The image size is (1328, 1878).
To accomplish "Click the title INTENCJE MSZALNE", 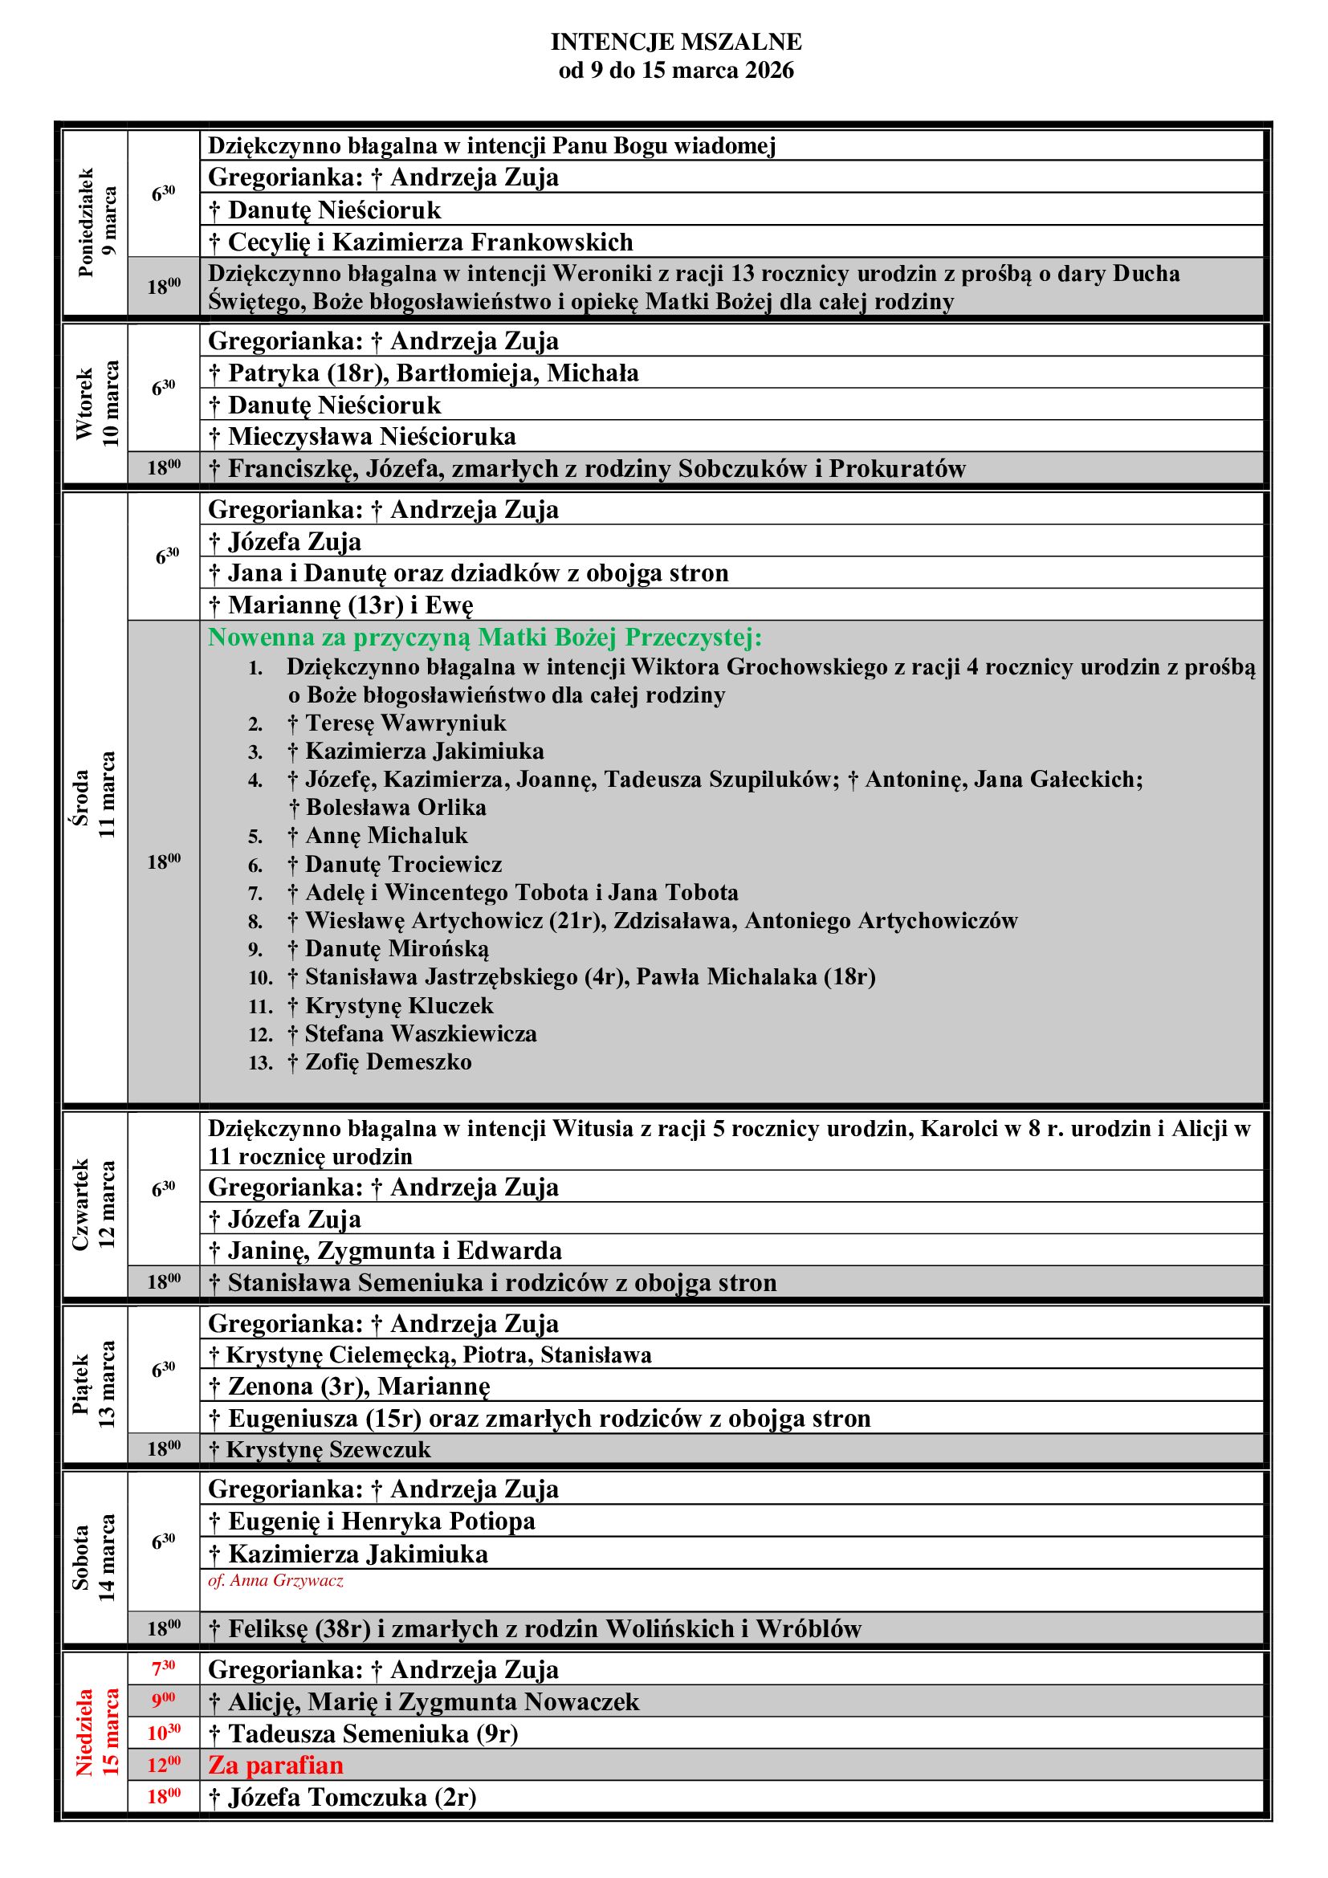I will coord(675,42).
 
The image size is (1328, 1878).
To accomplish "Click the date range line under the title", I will coord(675,71).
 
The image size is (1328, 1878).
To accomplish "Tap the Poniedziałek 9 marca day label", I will coord(97,222).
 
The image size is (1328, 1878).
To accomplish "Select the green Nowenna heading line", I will coord(485,638).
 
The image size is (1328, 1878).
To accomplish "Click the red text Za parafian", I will coord(275,1765).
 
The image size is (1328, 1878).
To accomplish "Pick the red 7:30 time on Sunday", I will coord(164,1668).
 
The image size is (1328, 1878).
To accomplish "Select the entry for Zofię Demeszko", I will coord(381,1062).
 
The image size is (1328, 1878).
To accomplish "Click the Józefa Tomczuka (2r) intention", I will coord(343,1797).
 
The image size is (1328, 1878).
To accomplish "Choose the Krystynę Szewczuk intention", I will coord(320,1448).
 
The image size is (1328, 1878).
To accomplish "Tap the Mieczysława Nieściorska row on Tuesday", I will coord(362,437).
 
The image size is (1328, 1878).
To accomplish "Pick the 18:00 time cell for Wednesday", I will coord(164,862).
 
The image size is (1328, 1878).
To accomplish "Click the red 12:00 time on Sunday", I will coord(164,1765).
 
